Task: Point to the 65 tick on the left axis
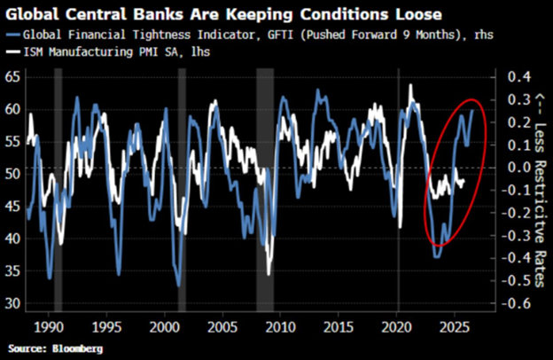click(12, 78)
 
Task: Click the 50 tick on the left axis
click(12, 174)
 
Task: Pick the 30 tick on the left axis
click(12, 303)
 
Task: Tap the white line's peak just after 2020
click(410, 85)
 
